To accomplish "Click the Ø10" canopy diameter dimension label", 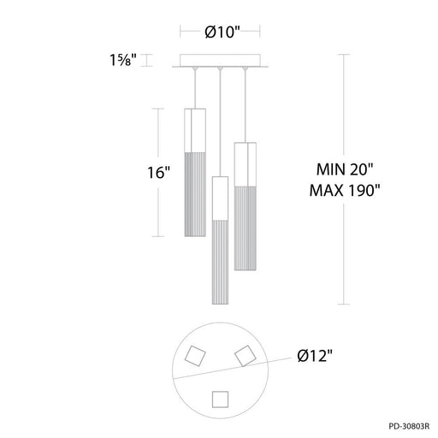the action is click(223, 32).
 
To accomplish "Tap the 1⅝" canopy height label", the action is click(123, 60).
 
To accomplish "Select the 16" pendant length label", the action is click(158, 173).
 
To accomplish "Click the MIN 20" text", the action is click(345, 169).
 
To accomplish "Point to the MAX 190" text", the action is click(345, 190).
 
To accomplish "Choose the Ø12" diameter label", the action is click(315, 356).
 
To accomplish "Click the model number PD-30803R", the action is click(409, 426).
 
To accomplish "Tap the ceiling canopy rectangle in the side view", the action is click(220, 60).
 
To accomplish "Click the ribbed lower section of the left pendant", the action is click(195, 194).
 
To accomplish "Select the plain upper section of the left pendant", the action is click(195, 130).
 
